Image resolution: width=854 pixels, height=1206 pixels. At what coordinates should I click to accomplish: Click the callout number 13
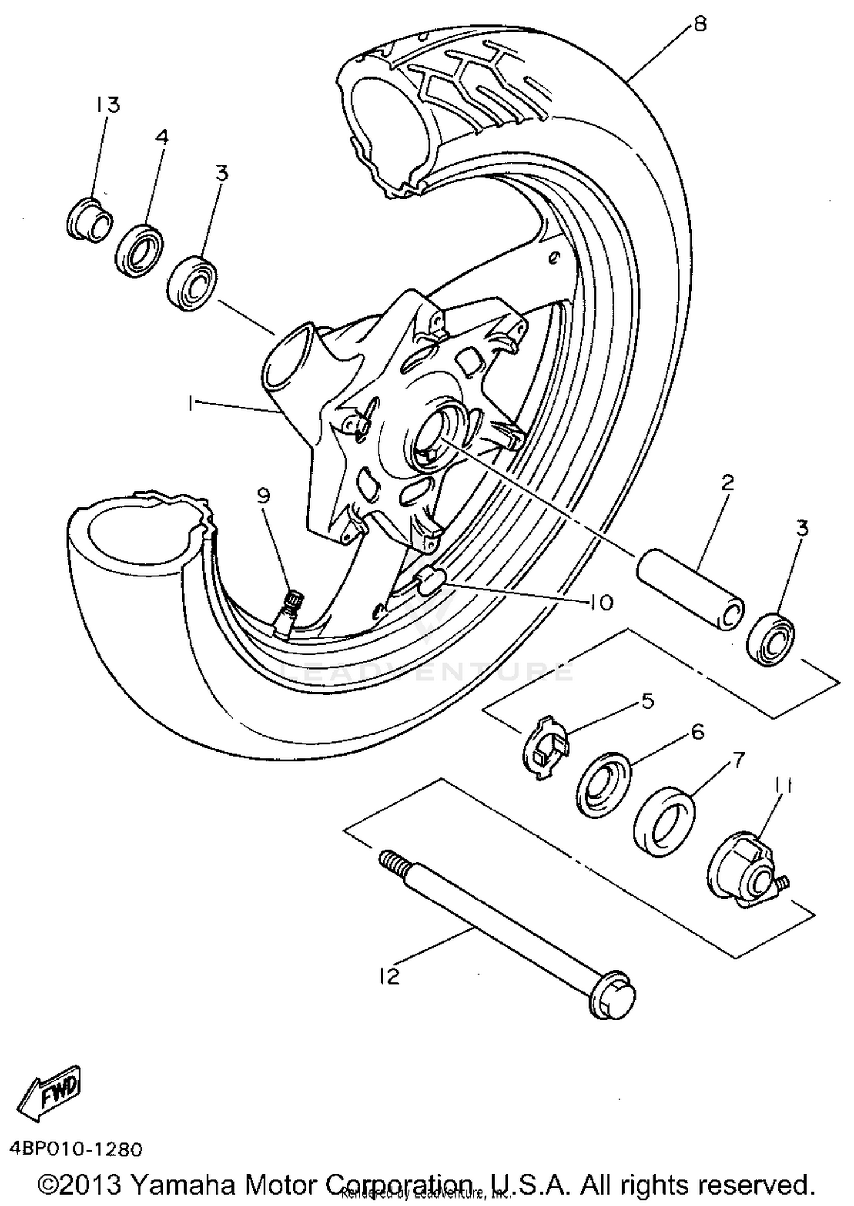[108, 105]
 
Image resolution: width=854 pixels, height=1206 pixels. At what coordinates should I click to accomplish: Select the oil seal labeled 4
[141, 251]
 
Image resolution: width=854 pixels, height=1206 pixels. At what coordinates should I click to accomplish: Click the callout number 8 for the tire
[699, 24]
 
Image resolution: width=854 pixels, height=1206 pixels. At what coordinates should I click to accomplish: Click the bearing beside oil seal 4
[193, 283]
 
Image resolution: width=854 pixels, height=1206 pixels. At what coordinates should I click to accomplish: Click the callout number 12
[389, 977]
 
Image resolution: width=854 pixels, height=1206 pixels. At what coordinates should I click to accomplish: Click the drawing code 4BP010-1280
[75, 1149]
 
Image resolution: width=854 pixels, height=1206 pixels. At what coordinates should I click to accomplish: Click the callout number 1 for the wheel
[190, 403]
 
